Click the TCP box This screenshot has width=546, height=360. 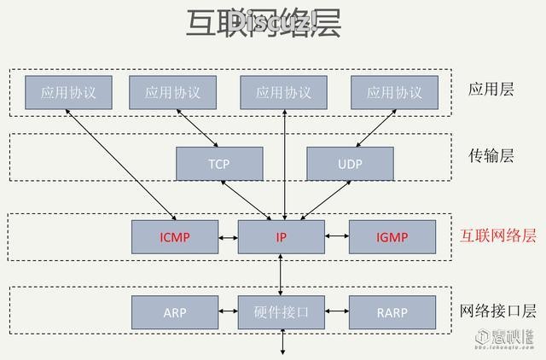click(219, 163)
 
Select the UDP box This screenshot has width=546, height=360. click(350, 163)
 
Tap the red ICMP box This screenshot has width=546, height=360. click(175, 236)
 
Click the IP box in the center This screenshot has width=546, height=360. click(281, 236)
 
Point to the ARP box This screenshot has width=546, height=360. click(175, 312)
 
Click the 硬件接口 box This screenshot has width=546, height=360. click(281, 312)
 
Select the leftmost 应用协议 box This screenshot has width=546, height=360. click(68, 92)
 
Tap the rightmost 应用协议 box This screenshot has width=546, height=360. click(394, 92)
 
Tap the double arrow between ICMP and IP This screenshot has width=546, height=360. click(228, 236)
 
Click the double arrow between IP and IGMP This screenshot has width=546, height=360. click(337, 236)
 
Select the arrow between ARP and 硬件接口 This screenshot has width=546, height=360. click(228, 312)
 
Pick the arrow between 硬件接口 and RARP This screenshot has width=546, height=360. click(337, 312)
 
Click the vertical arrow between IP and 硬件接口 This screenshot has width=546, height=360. click(282, 274)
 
